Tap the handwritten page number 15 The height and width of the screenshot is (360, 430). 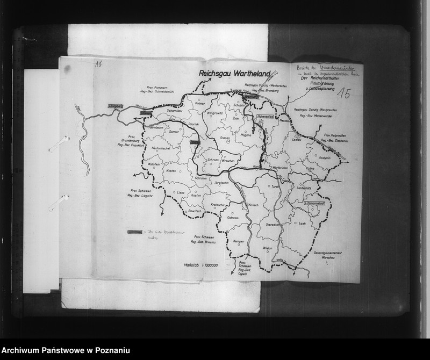coord(344,95)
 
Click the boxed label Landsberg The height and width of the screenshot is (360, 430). coord(116,106)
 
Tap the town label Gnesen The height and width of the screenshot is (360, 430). coord(225,138)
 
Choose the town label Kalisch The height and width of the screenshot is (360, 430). coord(253,205)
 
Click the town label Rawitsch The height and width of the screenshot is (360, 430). coord(194,212)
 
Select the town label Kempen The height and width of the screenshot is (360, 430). coord(239,241)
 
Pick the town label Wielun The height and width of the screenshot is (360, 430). coord(268,248)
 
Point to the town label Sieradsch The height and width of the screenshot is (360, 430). coord(274,224)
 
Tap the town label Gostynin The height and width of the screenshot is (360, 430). coord(324,158)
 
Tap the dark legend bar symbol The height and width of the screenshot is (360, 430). coord(135,232)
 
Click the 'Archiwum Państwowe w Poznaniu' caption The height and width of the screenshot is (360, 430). coord(66,351)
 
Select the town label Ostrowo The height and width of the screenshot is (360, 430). coord(233,218)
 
